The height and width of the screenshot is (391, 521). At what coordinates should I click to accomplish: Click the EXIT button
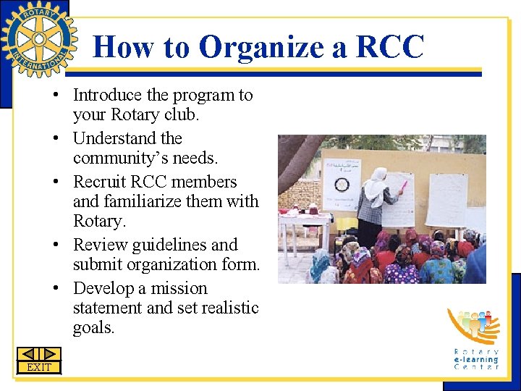pyautogui.click(x=39, y=367)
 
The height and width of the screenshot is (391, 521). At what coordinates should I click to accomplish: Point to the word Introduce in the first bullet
pyautogui.click(x=107, y=95)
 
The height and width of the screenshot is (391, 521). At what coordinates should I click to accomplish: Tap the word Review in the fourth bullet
pyautogui.click(x=99, y=245)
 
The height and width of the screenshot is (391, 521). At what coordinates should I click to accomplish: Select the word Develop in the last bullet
pyautogui.click(x=104, y=288)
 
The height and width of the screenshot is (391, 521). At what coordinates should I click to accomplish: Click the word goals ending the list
pyautogui.click(x=93, y=328)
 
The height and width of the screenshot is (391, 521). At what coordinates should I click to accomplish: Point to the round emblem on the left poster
pyautogui.click(x=342, y=185)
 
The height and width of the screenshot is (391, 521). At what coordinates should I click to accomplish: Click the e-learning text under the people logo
pyautogui.click(x=476, y=359)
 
